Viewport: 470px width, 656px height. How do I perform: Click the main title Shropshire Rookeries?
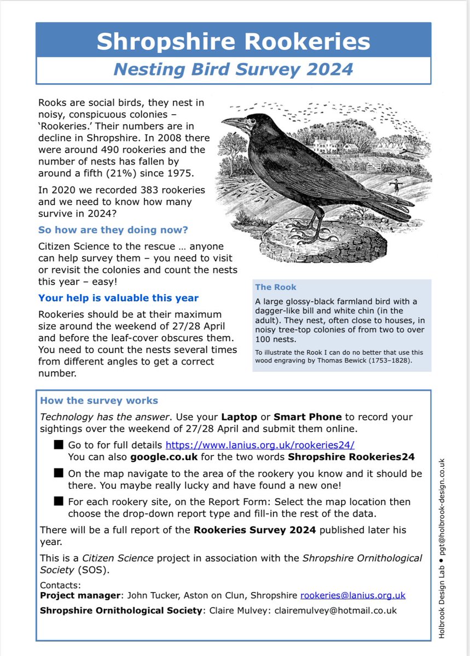pos(233,41)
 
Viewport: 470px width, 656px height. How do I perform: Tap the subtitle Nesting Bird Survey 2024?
pos(233,70)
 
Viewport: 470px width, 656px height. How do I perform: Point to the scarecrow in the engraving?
pos(392,189)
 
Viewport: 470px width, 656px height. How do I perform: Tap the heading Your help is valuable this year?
pos(118,298)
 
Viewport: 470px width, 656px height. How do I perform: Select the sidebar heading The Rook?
pos(276,287)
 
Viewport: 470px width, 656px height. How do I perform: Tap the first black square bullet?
pos(59,445)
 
